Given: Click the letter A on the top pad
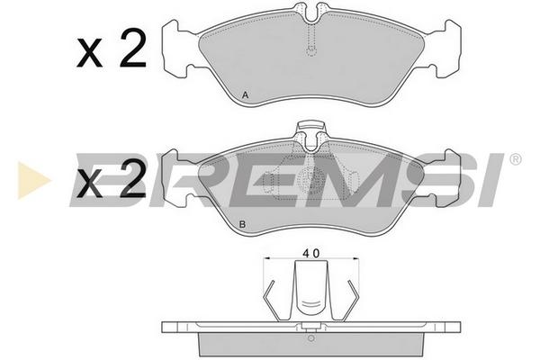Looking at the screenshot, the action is pyautogui.click(x=245, y=94).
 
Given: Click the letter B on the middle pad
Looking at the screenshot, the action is pyautogui.click(x=242, y=225).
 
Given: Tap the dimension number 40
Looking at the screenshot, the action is pyautogui.click(x=311, y=253).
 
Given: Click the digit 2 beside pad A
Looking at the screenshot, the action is pyautogui.click(x=133, y=49).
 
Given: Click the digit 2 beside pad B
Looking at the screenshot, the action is pyautogui.click(x=133, y=179).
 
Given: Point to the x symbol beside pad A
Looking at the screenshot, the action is pyautogui.click(x=89, y=53).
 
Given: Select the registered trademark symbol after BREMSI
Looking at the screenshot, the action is pyautogui.click(x=515, y=159).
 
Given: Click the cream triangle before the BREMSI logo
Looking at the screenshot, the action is pyautogui.click(x=33, y=180).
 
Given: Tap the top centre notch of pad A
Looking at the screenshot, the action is pyautogui.click(x=311, y=13).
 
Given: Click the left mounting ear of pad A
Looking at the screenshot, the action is pyautogui.click(x=176, y=49).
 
